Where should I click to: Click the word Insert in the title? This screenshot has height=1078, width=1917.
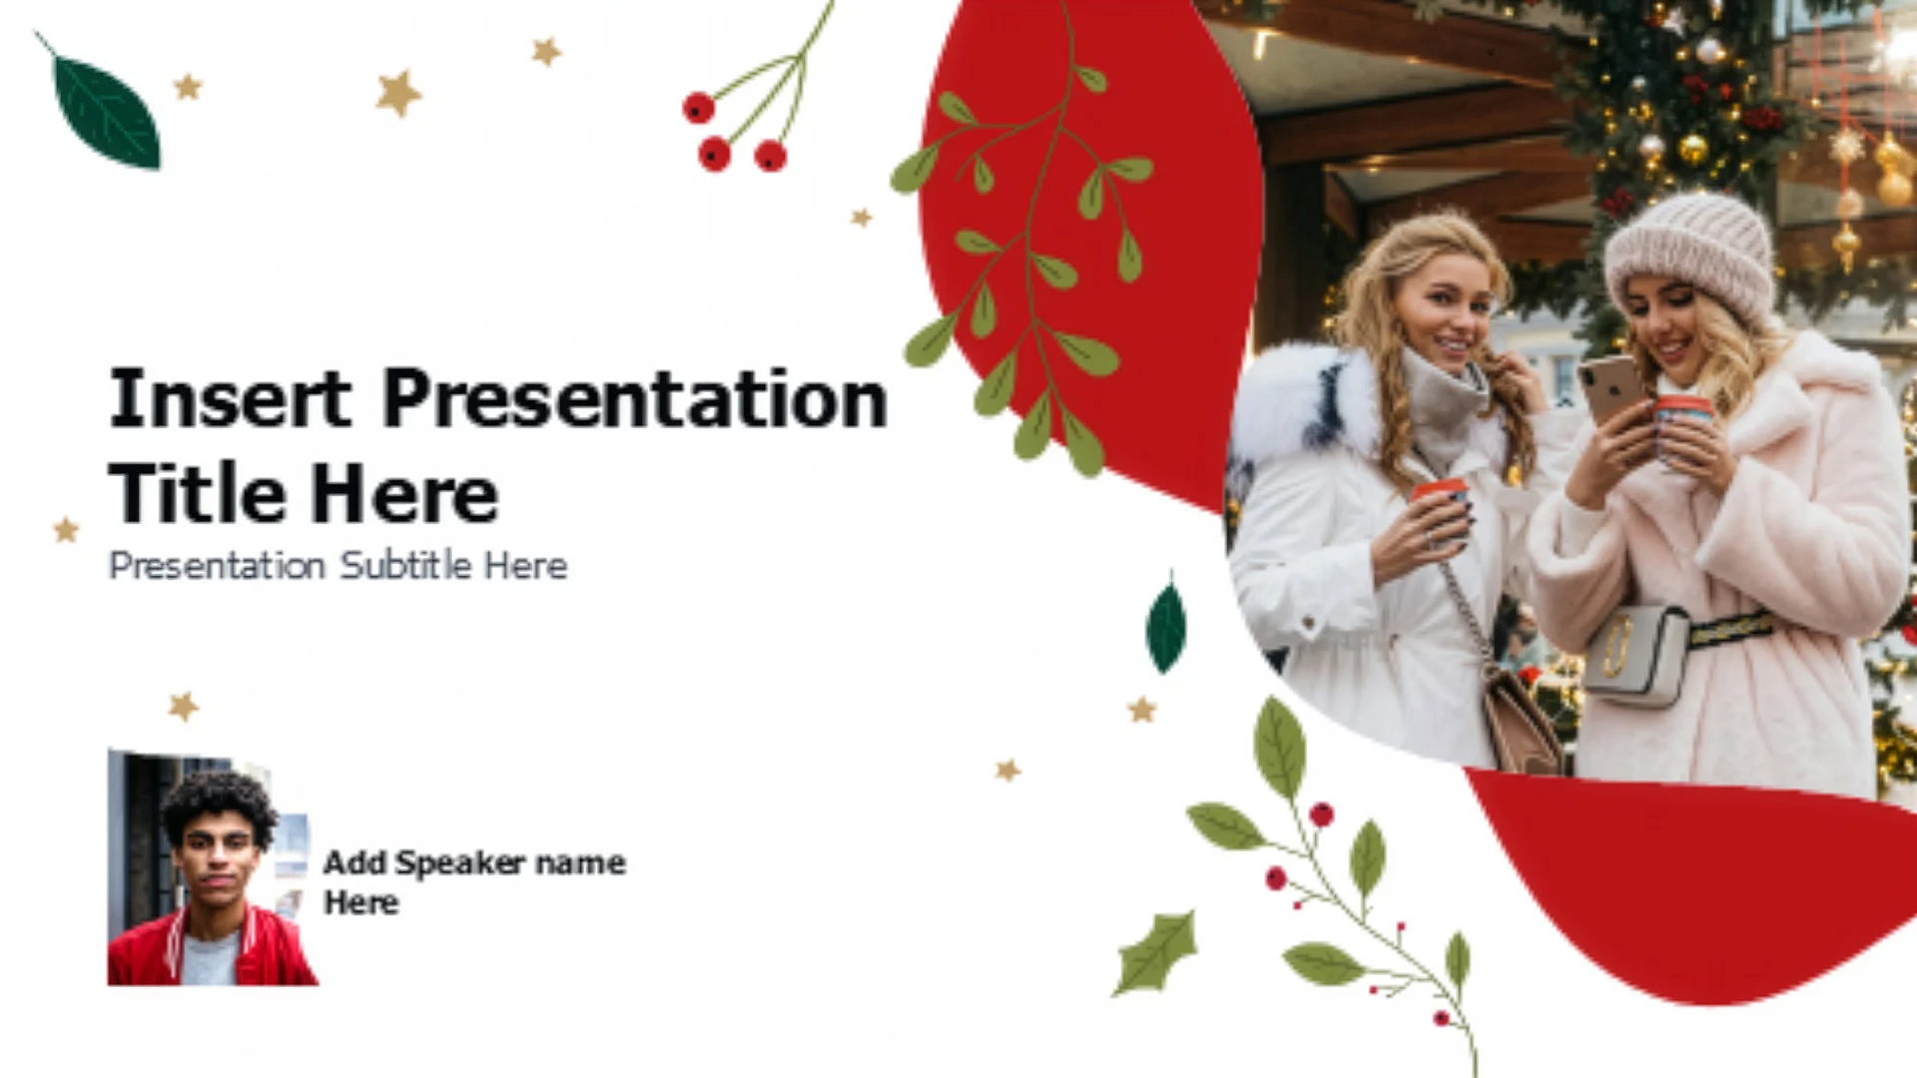point(230,398)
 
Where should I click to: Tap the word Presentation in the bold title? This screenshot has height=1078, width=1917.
point(635,398)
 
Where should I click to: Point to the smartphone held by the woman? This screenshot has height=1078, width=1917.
point(1609,387)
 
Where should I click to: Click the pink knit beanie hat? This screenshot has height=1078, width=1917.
point(1691,255)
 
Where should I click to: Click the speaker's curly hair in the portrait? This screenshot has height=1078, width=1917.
point(220,804)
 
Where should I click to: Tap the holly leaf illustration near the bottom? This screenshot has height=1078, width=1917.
point(1155,952)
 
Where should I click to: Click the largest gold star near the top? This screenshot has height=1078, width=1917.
point(398,93)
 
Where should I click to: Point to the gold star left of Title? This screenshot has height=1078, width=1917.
point(66,529)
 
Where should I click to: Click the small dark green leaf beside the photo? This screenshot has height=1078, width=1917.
point(1166,626)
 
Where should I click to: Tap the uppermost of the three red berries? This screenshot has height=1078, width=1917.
point(698,107)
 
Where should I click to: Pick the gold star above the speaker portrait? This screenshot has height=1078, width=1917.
point(183,707)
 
